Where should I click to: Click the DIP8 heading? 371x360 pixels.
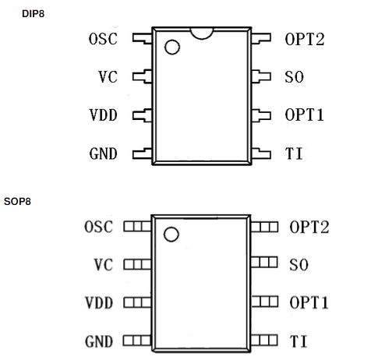tap(34, 14)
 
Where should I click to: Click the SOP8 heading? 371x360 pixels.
tap(17, 202)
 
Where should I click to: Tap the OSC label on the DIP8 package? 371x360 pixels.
tap(103, 39)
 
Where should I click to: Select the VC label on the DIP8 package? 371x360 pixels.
tap(108, 77)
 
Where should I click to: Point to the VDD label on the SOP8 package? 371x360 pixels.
tap(99, 302)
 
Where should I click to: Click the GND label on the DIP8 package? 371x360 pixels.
tap(104, 154)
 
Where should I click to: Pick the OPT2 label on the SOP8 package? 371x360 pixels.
tap(309, 227)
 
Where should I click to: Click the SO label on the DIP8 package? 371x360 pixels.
tap(295, 77)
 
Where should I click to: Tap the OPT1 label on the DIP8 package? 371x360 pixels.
tap(305, 115)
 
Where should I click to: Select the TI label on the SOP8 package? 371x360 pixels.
tap(299, 341)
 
